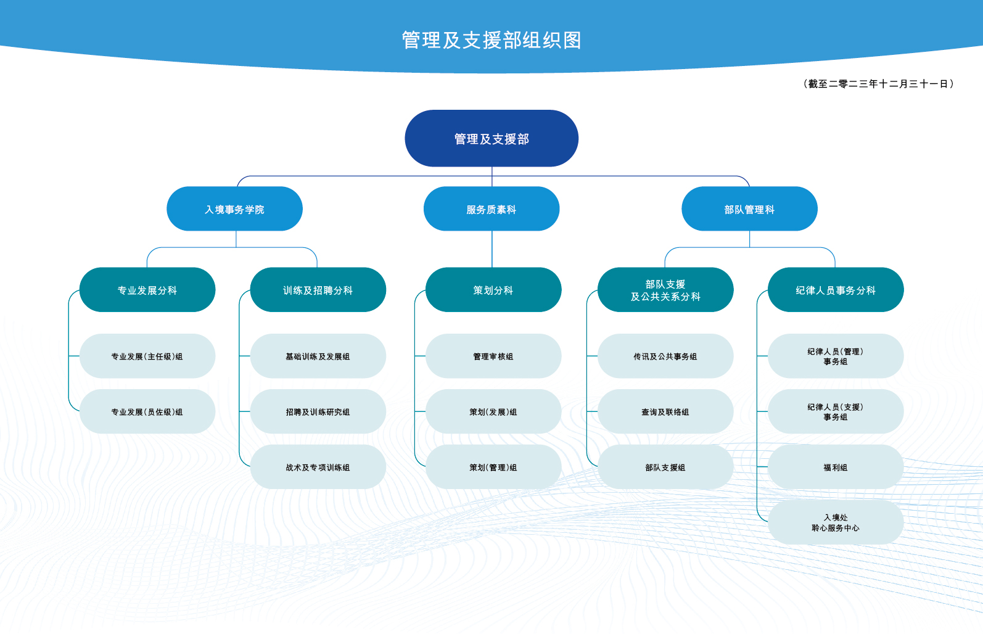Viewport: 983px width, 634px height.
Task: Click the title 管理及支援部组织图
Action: [x=491, y=40]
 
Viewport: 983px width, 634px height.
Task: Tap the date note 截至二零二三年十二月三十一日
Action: [x=879, y=84]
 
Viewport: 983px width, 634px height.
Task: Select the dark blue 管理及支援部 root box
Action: [x=491, y=138]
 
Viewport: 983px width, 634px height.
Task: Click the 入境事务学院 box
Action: [x=234, y=209]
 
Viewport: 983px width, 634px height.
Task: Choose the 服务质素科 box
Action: [x=491, y=209]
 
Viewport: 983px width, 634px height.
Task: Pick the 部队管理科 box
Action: [x=749, y=209]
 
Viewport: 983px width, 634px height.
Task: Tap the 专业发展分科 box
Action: [x=147, y=290]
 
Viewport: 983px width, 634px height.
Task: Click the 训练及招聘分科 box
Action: [x=318, y=290]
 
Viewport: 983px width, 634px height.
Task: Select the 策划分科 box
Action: [x=493, y=290]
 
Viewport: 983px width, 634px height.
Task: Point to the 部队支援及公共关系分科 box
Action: [x=665, y=290]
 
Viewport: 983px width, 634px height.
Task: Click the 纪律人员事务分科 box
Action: [x=836, y=290]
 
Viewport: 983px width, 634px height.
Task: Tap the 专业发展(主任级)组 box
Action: [x=147, y=356]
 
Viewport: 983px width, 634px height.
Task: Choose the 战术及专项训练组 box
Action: [x=318, y=467]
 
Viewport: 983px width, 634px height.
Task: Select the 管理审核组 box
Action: [x=493, y=356]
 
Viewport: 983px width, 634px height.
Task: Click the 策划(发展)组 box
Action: [x=493, y=411]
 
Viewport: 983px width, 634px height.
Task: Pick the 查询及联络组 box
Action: [x=665, y=411]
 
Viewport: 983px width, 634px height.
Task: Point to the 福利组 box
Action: [x=836, y=467]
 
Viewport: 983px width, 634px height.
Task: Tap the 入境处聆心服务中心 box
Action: [x=836, y=522]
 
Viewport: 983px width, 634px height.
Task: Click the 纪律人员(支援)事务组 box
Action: [x=836, y=411]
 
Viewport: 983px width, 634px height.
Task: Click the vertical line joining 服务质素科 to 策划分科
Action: [x=492, y=249]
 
